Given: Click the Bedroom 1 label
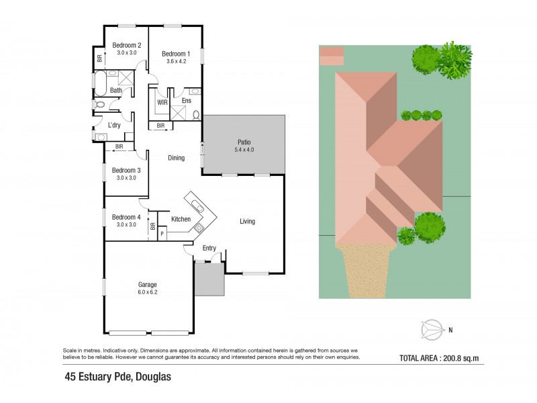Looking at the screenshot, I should tap(175, 54).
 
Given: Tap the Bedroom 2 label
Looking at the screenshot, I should tap(126, 45).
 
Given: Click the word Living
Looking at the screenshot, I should tap(247, 221).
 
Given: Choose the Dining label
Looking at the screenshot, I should tap(177, 158).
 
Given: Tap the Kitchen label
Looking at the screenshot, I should tap(181, 219).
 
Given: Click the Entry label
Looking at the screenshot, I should tap(209, 249).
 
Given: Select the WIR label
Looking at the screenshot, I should tap(162, 103).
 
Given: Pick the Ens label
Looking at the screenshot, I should tap(187, 101).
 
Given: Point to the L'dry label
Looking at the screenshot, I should tap(114, 125).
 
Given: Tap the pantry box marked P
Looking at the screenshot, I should tap(162, 233).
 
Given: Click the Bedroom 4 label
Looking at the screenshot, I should tap(126, 217).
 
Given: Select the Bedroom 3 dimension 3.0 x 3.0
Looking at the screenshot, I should tap(126, 178).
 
